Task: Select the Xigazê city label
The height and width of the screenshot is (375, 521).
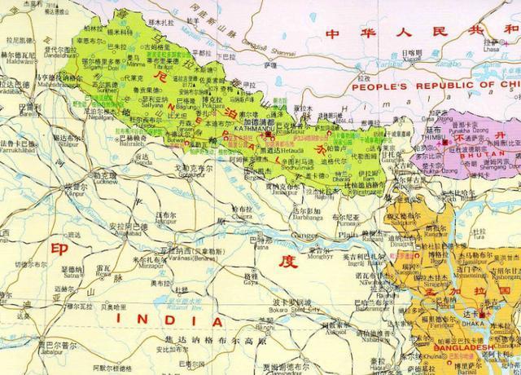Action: tap(412, 58)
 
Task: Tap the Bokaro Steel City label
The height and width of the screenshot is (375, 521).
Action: tap(285, 310)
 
